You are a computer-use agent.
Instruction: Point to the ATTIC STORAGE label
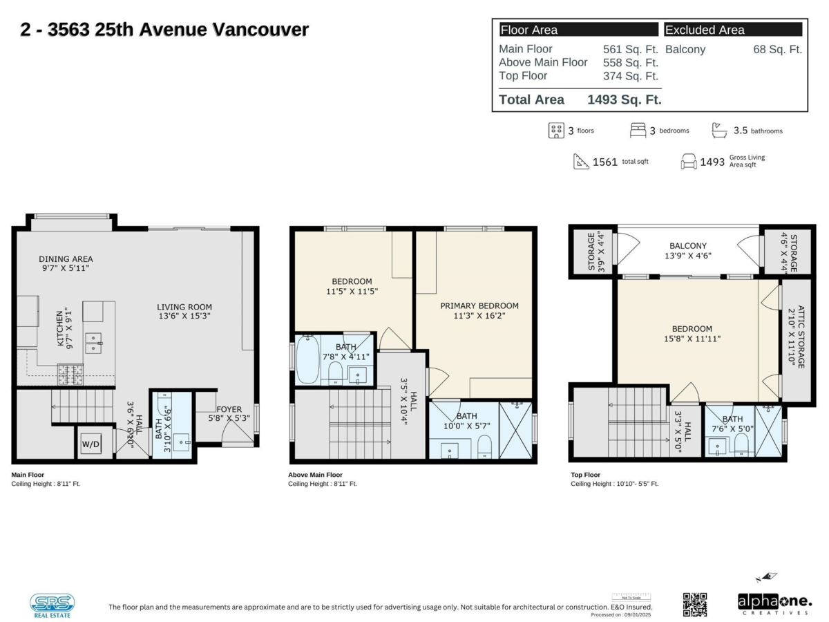pos(796,337)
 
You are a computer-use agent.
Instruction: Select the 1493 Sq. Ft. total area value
pos(624,100)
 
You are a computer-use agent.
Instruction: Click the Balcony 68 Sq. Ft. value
pos(777,50)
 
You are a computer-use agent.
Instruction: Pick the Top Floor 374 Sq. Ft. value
pos(630,76)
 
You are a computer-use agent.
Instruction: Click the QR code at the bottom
pos(695,604)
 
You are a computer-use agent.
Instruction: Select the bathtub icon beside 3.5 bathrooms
pos(719,130)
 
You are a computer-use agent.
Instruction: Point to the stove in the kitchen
pos(70,374)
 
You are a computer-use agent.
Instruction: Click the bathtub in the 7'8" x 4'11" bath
pos(308,359)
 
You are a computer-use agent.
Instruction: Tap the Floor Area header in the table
pos(528,30)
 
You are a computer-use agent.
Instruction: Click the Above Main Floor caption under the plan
pos(315,475)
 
